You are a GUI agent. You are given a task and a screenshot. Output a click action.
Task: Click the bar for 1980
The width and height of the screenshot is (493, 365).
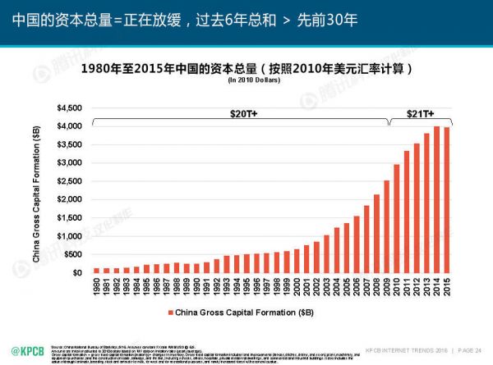96,270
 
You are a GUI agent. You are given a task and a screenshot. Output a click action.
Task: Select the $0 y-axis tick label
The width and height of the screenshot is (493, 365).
76,272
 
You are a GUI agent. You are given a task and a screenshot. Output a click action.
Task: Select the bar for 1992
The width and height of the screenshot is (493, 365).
217,266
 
